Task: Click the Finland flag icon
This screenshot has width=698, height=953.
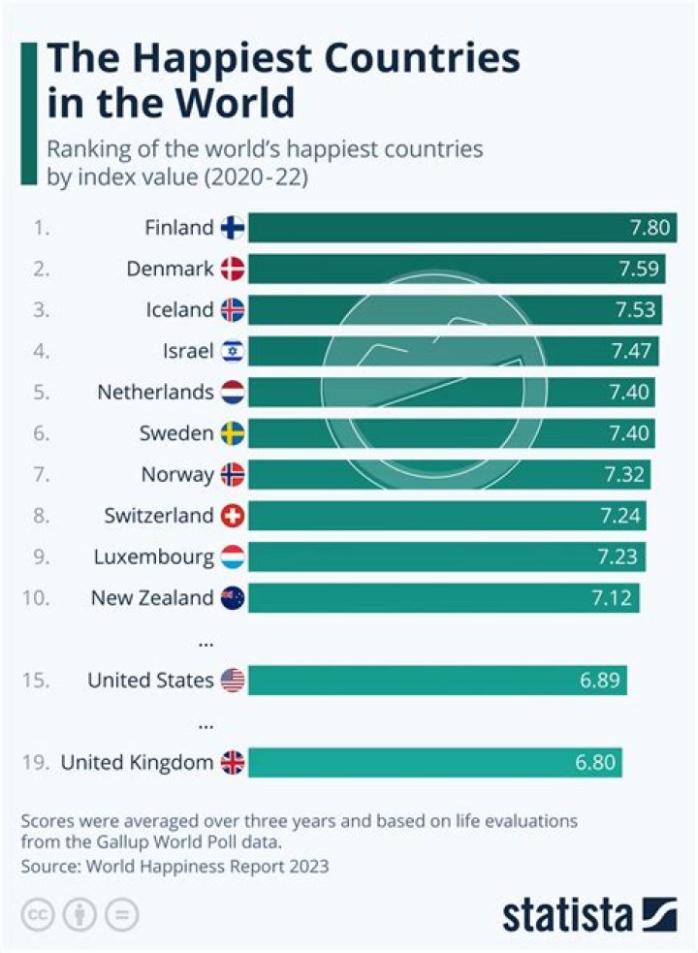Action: [x=234, y=228]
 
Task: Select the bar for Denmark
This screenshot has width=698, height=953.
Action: [x=456, y=269]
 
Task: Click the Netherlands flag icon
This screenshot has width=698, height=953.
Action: [x=234, y=393]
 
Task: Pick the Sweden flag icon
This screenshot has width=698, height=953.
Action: [x=234, y=433]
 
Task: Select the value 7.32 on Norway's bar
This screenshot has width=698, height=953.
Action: [x=624, y=474]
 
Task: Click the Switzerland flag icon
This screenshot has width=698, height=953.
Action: [x=234, y=516]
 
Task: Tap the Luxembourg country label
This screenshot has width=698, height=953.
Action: [x=153, y=556]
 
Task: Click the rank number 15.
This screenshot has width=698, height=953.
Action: [x=35, y=681]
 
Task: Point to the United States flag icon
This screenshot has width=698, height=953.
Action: [x=234, y=681]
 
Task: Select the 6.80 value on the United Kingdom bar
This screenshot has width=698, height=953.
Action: [x=595, y=763]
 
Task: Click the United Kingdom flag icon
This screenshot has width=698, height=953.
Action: [x=234, y=763]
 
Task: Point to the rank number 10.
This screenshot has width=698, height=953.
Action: [x=35, y=598]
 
